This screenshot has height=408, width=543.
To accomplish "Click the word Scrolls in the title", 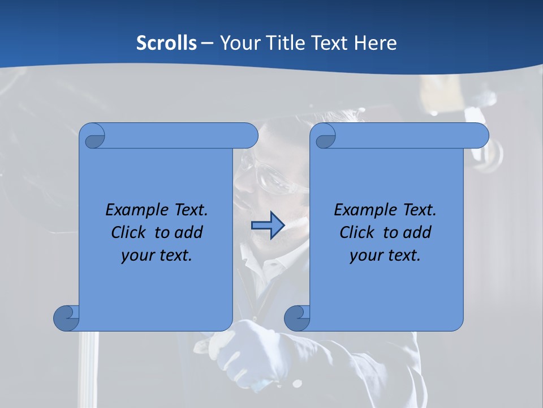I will point(167,43).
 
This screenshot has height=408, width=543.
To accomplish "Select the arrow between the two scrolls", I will point(268,226).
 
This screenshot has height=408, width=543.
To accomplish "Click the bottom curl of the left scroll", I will point(67,317).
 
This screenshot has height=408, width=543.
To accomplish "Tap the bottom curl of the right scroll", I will point(298,317).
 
